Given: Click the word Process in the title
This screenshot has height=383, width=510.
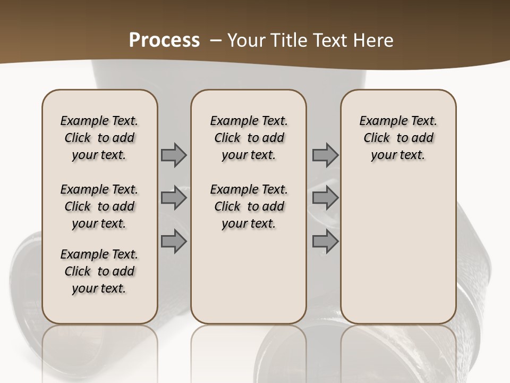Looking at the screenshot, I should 164,40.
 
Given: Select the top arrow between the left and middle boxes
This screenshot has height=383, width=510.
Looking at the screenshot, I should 174,155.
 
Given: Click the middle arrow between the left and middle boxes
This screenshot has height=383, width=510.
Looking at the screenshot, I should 174,198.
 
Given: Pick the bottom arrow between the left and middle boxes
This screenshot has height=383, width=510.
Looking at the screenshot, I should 174,242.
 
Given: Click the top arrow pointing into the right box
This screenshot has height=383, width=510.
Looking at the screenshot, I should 325,155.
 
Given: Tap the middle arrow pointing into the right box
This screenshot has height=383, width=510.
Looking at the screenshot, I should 325,198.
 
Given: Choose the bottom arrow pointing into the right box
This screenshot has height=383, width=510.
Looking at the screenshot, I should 325,242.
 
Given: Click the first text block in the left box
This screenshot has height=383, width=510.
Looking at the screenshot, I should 99,138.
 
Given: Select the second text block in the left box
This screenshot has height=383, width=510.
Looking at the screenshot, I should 99,206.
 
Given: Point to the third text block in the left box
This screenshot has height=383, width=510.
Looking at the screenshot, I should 99,271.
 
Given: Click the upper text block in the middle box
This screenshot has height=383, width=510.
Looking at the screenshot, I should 249,138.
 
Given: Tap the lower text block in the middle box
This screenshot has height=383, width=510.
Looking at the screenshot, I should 249,206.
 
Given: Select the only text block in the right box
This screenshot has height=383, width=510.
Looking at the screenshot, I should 398,138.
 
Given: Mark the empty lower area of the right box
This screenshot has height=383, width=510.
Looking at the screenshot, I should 398,250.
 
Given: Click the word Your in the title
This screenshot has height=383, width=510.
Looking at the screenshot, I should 246,40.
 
